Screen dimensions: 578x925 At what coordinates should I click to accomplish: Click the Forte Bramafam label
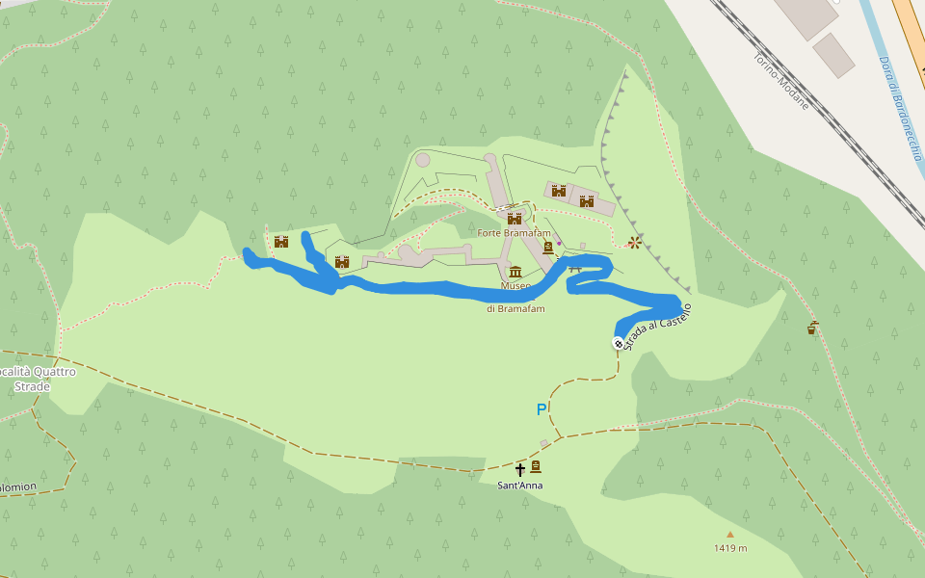coord(514,232)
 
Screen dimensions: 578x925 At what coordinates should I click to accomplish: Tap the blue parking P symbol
coord(542,409)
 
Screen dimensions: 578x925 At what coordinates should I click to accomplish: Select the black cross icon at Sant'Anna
coord(520,469)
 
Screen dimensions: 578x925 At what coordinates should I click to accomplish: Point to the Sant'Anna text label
coord(520,486)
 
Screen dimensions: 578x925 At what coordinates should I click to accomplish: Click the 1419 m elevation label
coord(730,548)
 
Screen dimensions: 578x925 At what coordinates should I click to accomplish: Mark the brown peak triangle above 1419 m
coord(730,535)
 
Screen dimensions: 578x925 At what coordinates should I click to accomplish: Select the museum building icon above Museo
coord(515,272)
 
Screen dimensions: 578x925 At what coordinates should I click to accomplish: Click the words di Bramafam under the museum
coord(515,308)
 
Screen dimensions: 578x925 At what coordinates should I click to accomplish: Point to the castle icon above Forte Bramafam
coord(515,219)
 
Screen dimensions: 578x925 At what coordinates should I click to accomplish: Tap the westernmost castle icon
coord(281,241)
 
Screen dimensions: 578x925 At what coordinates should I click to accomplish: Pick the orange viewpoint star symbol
coord(634,243)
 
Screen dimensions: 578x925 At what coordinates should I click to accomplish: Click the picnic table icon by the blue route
coord(576,269)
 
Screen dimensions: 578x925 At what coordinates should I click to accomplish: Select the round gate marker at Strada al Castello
coord(618,343)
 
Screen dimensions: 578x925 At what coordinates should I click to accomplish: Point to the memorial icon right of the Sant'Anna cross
coord(536,467)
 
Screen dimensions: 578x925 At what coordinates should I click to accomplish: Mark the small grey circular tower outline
coord(423,160)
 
